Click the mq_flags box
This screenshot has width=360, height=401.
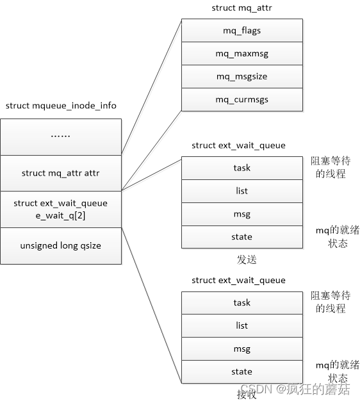pos(241,31)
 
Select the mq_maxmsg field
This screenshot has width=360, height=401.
pos(241,54)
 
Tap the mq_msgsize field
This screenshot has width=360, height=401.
pos(241,77)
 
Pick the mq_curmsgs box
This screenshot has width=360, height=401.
pos(241,99)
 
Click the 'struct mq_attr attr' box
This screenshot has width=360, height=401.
pos(60,173)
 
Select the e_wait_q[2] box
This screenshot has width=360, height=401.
pos(60,209)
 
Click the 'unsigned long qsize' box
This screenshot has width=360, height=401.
pos(60,245)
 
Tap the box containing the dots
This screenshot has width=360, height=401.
pos(60,136)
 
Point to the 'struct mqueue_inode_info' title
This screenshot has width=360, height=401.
pos(61,106)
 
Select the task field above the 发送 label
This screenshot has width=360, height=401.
pos(241,168)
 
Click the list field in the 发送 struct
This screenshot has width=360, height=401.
pos(241,191)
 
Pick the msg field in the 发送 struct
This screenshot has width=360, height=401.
pos(241,214)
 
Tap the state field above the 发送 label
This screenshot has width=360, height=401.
pos(241,236)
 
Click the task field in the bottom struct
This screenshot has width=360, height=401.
pos(241,303)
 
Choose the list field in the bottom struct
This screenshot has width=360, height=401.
pos(241,325)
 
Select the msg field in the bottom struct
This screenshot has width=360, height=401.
pos(241,348)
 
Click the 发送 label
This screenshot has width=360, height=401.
pos(247,259)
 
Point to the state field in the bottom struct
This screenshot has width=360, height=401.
pos(241,372)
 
